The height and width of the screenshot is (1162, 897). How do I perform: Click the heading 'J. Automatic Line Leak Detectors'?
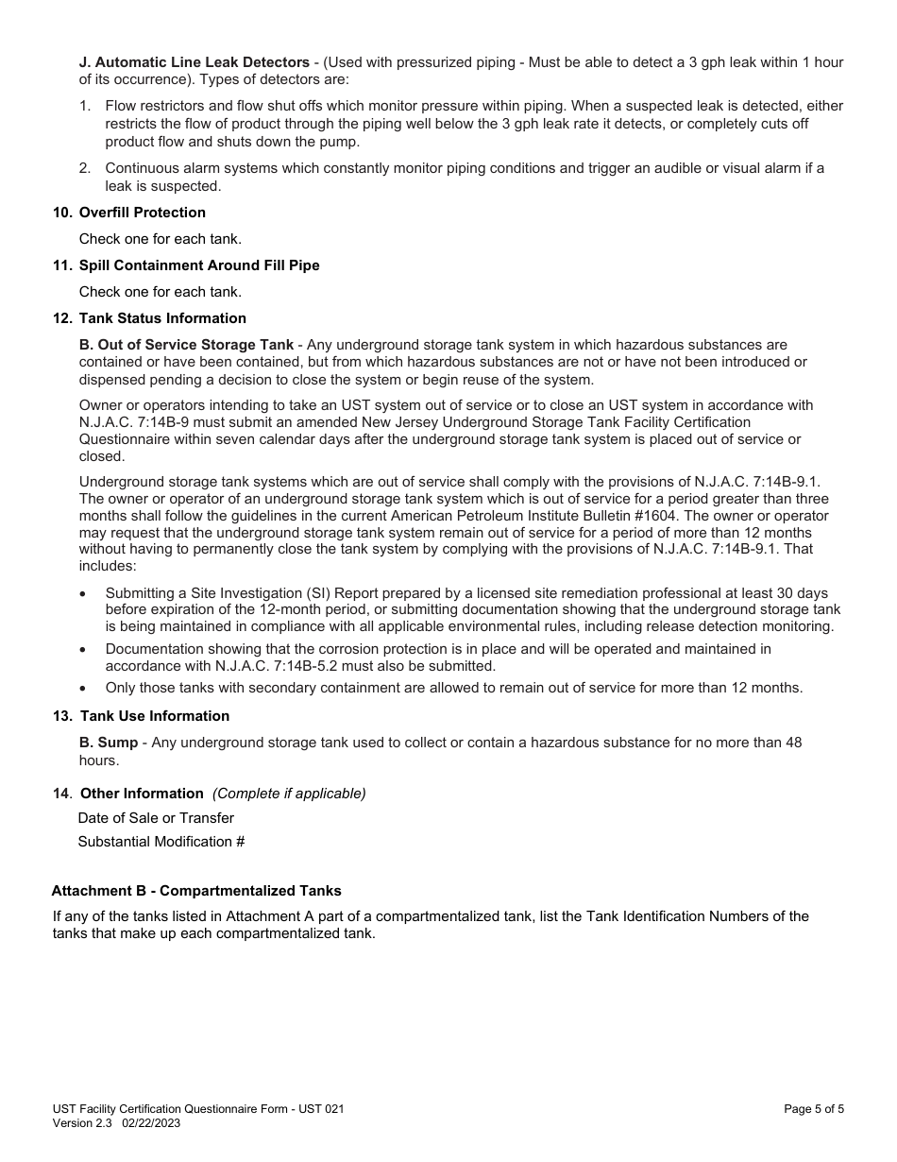click(194, 62)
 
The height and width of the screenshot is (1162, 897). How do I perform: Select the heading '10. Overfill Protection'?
click(142, 213)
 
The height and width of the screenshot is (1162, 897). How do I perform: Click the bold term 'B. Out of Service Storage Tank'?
click(186, 345)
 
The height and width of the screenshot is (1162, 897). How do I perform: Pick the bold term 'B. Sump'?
click(109, 743)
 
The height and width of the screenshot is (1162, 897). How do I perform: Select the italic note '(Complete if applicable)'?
click(289, 794)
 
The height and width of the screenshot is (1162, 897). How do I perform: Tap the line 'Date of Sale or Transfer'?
click(156, 818)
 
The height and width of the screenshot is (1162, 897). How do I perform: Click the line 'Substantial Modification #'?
click(161, 842)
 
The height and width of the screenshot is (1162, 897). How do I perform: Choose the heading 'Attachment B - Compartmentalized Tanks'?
click(196, 891)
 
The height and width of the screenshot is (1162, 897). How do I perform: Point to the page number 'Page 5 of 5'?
click(814, 1109)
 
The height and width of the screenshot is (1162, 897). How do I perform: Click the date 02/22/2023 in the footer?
click(151, 1123)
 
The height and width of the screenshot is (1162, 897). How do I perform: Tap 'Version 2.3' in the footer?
click(82, 1123)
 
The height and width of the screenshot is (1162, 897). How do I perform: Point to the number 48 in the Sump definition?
click(793, 743)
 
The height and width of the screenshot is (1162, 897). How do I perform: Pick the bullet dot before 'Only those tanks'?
click(84, 688)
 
